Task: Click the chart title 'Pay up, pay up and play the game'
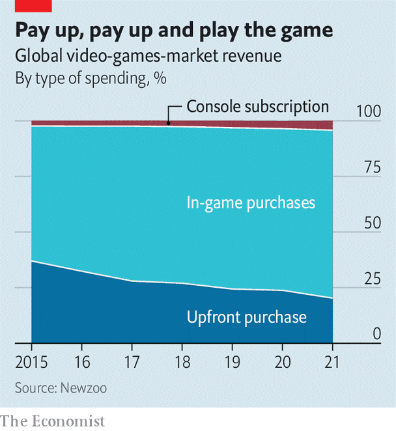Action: pyautogui.click(x=174, y=31)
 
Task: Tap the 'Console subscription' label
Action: pyautogui.click(x=257, y=106)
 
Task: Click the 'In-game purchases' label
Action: pyautogui.click(x=251, y=203)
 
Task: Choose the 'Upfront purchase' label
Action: pyautogui.click(x=246, y=317)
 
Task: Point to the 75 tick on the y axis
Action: pyautogui.click(x=372, y=167)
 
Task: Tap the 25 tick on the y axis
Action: pyautogui.click(x=372, y=279)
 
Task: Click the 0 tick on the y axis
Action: pyautogui.click(x=376, y=334)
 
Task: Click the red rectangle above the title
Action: pyautogui.click(x=26, y=6)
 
